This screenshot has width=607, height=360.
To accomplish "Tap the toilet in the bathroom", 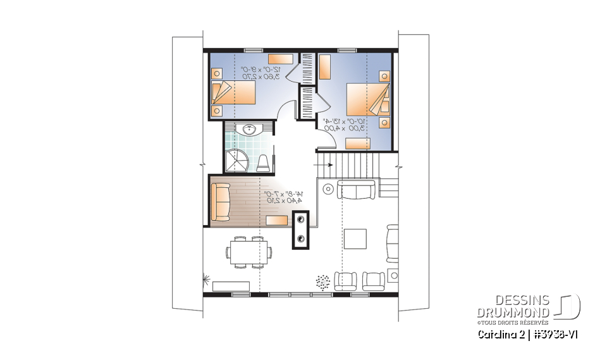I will pos(263,163).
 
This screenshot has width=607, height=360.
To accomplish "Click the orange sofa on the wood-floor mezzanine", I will pos(221,202).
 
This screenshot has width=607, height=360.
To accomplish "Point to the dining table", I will pos(248,251).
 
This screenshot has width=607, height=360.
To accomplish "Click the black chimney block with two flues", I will pos(300,229).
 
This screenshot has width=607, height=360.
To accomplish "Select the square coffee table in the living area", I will pos(355,239).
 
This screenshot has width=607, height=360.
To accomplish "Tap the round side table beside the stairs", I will pos(328,188).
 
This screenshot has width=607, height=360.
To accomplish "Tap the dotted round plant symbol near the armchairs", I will pos(322,281).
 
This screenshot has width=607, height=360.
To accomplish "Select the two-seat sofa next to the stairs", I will pos(357,189).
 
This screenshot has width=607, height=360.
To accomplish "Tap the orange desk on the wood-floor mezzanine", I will pos(278,220).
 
